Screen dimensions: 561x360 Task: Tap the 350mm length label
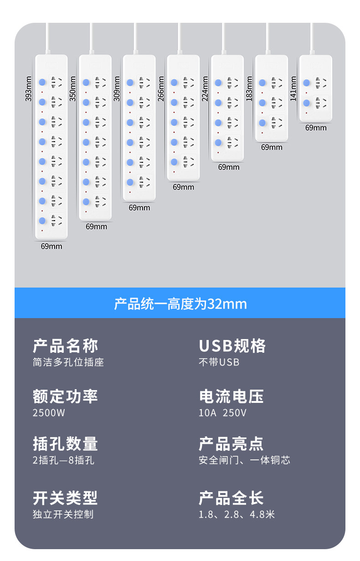(73, 88)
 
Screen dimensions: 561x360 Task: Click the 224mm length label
(206, 88)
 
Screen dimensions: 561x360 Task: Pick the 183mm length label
(249, 88)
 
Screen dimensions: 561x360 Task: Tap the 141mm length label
(293, 88)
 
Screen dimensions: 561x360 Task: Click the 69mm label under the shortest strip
(316, 128)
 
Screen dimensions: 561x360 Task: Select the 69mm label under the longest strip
(51, 246)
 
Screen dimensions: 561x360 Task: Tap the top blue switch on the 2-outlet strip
(306, 83)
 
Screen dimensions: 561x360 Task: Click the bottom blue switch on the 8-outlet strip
(42, 221)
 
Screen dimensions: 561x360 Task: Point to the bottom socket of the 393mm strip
(57, 221)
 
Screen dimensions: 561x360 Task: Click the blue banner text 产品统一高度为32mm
(180, 304)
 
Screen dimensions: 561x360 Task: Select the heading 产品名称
(65, 346)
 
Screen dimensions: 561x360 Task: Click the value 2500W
(49, 413)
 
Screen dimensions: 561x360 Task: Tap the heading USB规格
(232, 346)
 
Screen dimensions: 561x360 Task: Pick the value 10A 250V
(222, 413)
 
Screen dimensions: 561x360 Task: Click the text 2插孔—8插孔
(63, 460)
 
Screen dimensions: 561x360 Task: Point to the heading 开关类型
(65, 498)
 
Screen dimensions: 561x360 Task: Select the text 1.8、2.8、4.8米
(237, 515)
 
